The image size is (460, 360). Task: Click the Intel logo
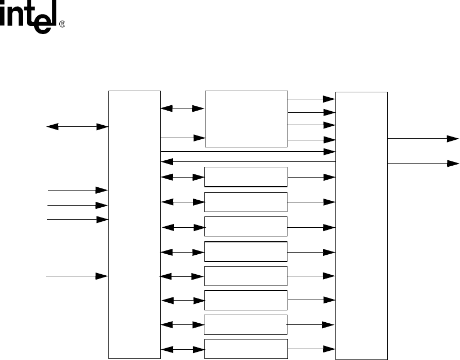pyautogui.click(x=32, y=19)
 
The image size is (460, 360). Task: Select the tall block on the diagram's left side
pyautogui.click(x=134, y=225)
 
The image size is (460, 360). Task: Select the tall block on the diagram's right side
pyautogui.click(x=361, y=225)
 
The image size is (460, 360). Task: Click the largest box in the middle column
pyautogui.click(x=246, y=118)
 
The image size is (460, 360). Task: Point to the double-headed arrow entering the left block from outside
pyautogui.click(x=78, y=127)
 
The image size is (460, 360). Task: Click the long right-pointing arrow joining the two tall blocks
pyautogui.click(x=248, y=152)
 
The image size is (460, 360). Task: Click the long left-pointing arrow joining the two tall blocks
pyautogui.click(x=248, y=160)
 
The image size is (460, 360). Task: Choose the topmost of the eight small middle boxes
pyautogui.click(x=246, y=176)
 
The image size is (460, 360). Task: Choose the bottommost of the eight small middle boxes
pyautogui.click(x=246, y=349)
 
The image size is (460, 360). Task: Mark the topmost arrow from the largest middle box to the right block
pyautogui.click(x=312, y=99)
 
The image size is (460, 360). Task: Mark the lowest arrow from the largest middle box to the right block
pyautogui.click(x=312, y=141)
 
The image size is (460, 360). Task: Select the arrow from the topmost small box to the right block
pyautogui.click(x=312, y=177)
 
